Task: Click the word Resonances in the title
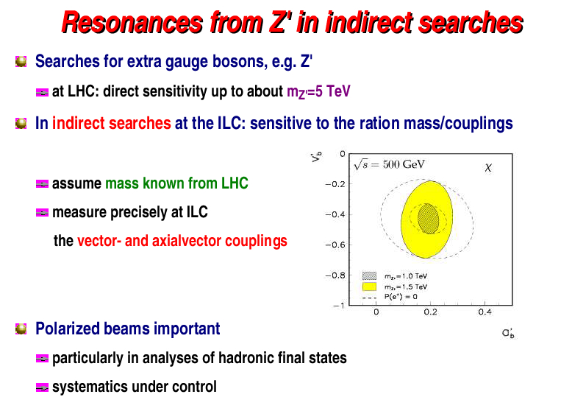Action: pyautogui.click(x=132, y=23)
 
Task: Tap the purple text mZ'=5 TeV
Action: pyautogui.click(x=318, y=91)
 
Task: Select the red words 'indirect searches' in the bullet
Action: pyautogui.click(x=112, y=123)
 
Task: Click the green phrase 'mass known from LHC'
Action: pyautogui.click(x=176, y=183)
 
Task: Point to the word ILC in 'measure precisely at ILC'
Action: pyautogui.click(x=197, y=212)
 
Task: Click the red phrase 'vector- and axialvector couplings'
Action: pyautogui.click(x=182, y=241)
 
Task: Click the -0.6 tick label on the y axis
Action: pyautogui.click(x=335, y=245)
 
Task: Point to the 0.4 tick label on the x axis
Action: pyautogui.click(x=485, y=312)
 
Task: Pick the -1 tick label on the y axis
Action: pyautogui.click(x=339, y=306)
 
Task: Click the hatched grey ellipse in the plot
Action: pyautogui.click(x=428, y=219)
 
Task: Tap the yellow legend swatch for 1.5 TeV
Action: pyautogui.click(x=369, y=287)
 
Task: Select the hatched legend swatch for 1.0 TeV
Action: pyautogui.click(x=369, y=275)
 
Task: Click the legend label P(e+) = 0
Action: pyautogui.click(x=401, y=297)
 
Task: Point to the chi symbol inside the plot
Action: pyautogui.click(x=488, y=167)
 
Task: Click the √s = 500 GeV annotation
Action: pyautogui.click(x=389, y=165)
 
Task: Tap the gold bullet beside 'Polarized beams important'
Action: pyautogui.click(x=21, y=329)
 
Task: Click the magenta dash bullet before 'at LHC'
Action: pyautogui.click(x=43, y=92)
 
